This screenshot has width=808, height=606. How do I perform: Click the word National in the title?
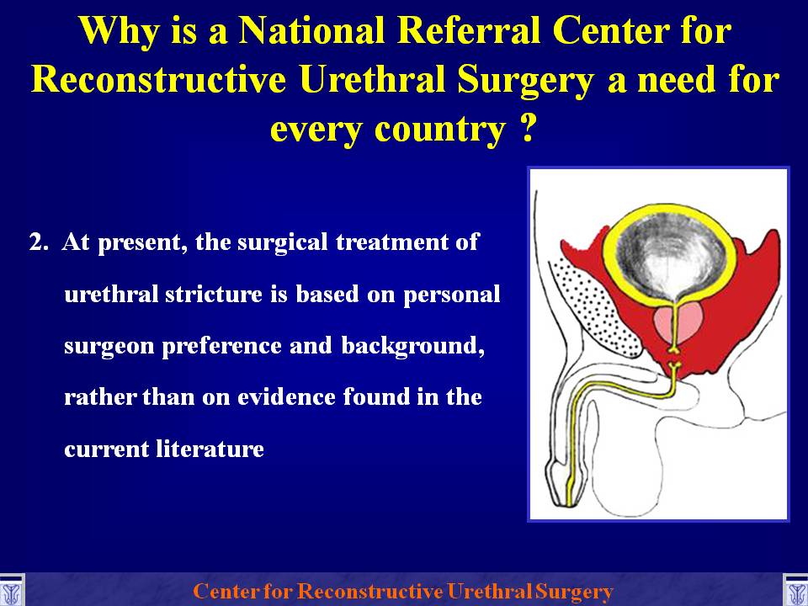coord(312,31)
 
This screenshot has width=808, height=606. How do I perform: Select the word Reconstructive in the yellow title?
coord(158,80)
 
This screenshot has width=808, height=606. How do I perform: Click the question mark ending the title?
coord(526,129)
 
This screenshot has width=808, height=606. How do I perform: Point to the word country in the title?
coord(440,131)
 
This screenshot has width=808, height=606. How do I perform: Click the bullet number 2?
coord(40,242)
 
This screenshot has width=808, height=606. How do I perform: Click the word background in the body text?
coord(412,346)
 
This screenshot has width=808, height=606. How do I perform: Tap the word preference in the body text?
coord(222,346)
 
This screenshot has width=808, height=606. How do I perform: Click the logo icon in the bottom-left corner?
coord(11,591)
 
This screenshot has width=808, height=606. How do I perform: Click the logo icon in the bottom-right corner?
coord(795,591)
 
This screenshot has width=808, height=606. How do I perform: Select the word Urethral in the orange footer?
coord(490,591)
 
